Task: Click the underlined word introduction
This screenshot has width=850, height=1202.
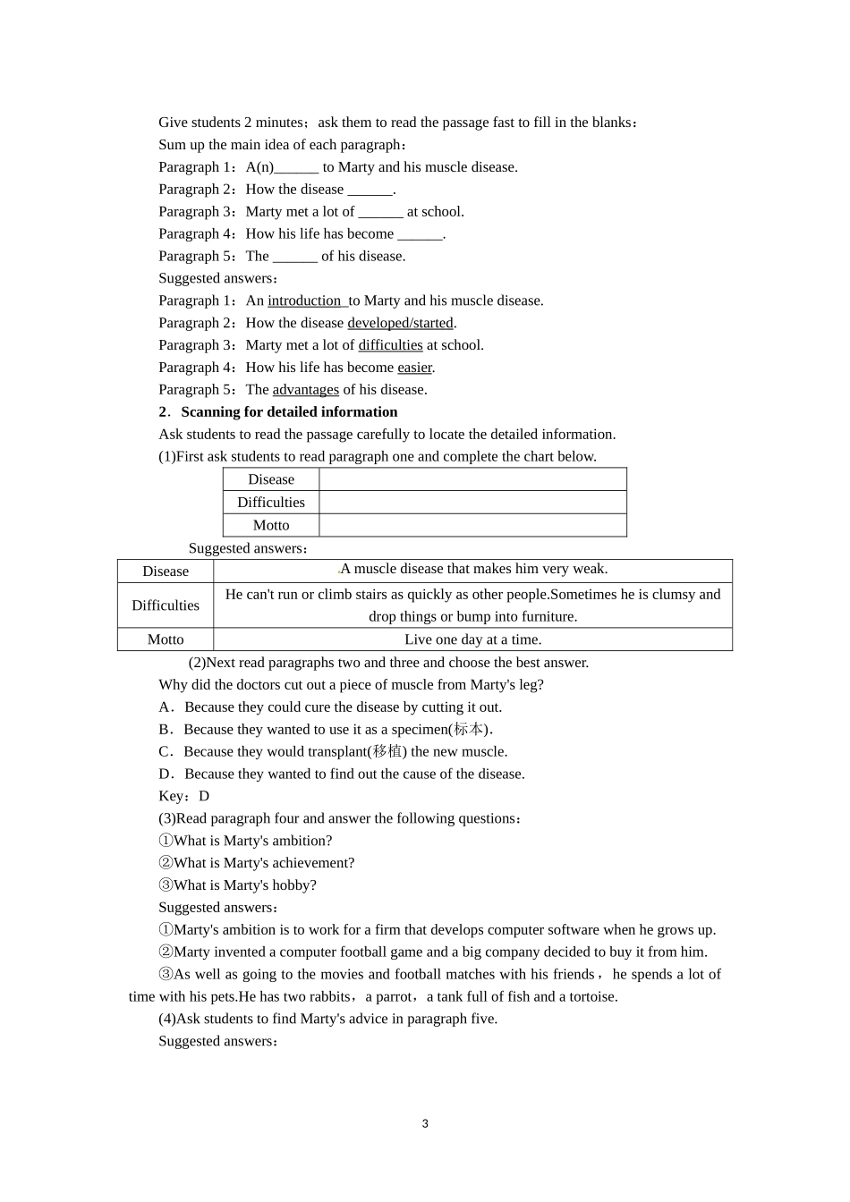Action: pos(304,300)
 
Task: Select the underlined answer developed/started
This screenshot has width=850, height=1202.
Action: pos(400,323)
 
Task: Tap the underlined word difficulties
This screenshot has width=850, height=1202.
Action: pos(390,345)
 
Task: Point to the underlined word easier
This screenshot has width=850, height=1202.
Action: pos(414,368)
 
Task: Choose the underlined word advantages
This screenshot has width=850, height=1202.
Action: pos(305,390)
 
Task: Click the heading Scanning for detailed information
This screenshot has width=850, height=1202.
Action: pos(289,412)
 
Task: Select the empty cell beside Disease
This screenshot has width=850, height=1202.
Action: pos(472,479)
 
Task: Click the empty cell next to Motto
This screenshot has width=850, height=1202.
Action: pos(472,525)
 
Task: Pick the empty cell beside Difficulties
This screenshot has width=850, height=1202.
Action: pos(472,503)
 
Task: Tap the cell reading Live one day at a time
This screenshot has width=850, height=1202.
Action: pos(472,639)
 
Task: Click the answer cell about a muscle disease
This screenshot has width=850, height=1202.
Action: pos(472,570)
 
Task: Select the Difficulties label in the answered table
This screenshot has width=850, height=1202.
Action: pos(166,605)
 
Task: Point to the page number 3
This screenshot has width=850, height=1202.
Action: pos(425,1124)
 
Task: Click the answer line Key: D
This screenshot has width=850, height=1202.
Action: pos(183,796)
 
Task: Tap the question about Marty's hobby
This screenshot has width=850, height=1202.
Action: pos(237,885)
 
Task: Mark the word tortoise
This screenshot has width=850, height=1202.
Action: pos(593,996)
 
